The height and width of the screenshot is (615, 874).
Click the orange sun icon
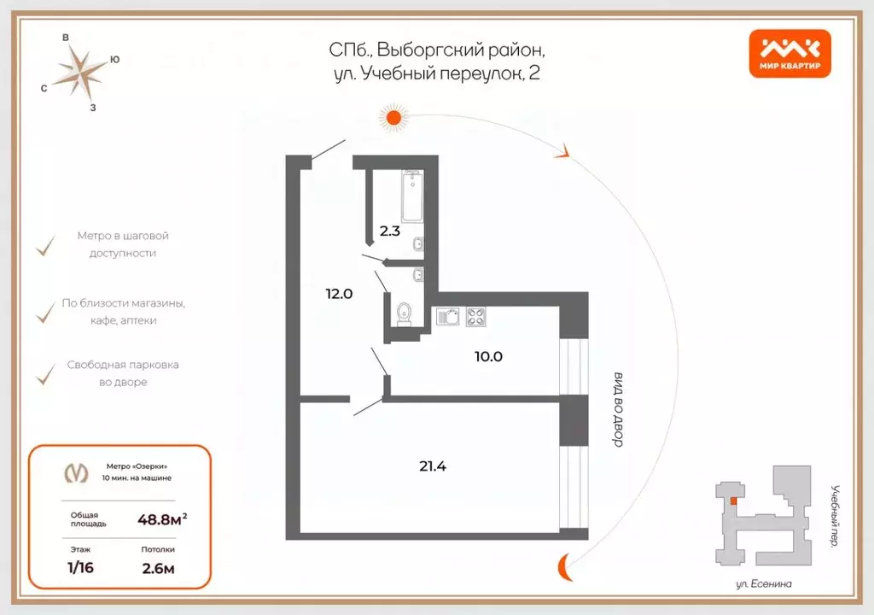[393, 117]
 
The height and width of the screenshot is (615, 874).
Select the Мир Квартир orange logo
[789, 54]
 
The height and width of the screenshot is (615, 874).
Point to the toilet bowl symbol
[405, 313]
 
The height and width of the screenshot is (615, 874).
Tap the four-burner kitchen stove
[476, 317]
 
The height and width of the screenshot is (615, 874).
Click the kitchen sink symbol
[447, 317]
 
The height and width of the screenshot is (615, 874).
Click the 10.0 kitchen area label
[488, 356]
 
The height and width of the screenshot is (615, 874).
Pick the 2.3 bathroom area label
[390, 230]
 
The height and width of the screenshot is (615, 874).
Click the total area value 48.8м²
[162, 518]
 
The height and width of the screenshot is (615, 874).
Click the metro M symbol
[77, 472]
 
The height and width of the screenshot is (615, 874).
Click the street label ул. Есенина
[764, 583]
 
